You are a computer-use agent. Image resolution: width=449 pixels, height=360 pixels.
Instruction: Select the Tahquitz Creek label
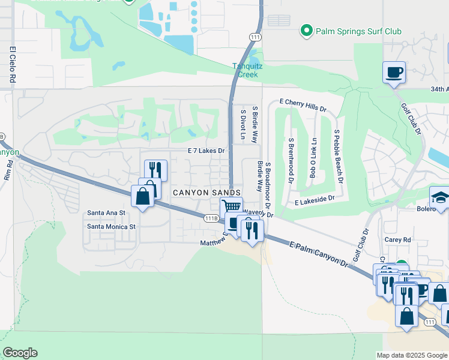pyautogui.click(x=245, y=71)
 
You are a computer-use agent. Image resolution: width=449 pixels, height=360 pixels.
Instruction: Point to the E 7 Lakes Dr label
pyautogui.click(x=206, y=151)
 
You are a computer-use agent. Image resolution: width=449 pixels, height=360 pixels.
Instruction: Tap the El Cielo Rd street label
pyautogui.click(x=12, y=64)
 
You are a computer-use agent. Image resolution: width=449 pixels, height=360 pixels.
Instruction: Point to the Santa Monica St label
pyautogui.click(x=112, y=226)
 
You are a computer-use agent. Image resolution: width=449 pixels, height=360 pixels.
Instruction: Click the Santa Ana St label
pyautogui.click(x=106, y=212)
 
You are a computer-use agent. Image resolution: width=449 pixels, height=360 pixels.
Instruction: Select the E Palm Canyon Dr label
pyautogui.click(x=318, y=254)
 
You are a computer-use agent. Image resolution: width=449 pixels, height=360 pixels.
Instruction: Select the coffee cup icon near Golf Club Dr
pyautogui.click(x=394, y=73)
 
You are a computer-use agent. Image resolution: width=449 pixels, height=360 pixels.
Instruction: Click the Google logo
pyautogui.click(x=20, y=353)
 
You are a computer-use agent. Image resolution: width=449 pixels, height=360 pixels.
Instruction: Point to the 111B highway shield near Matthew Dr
pyautogui.click(x=211, y=218)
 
